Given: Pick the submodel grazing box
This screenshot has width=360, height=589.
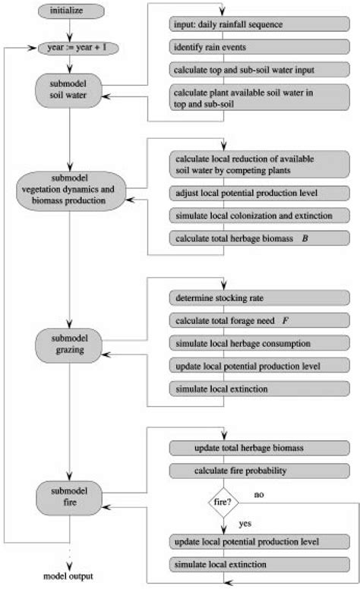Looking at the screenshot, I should click(69, 345).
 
